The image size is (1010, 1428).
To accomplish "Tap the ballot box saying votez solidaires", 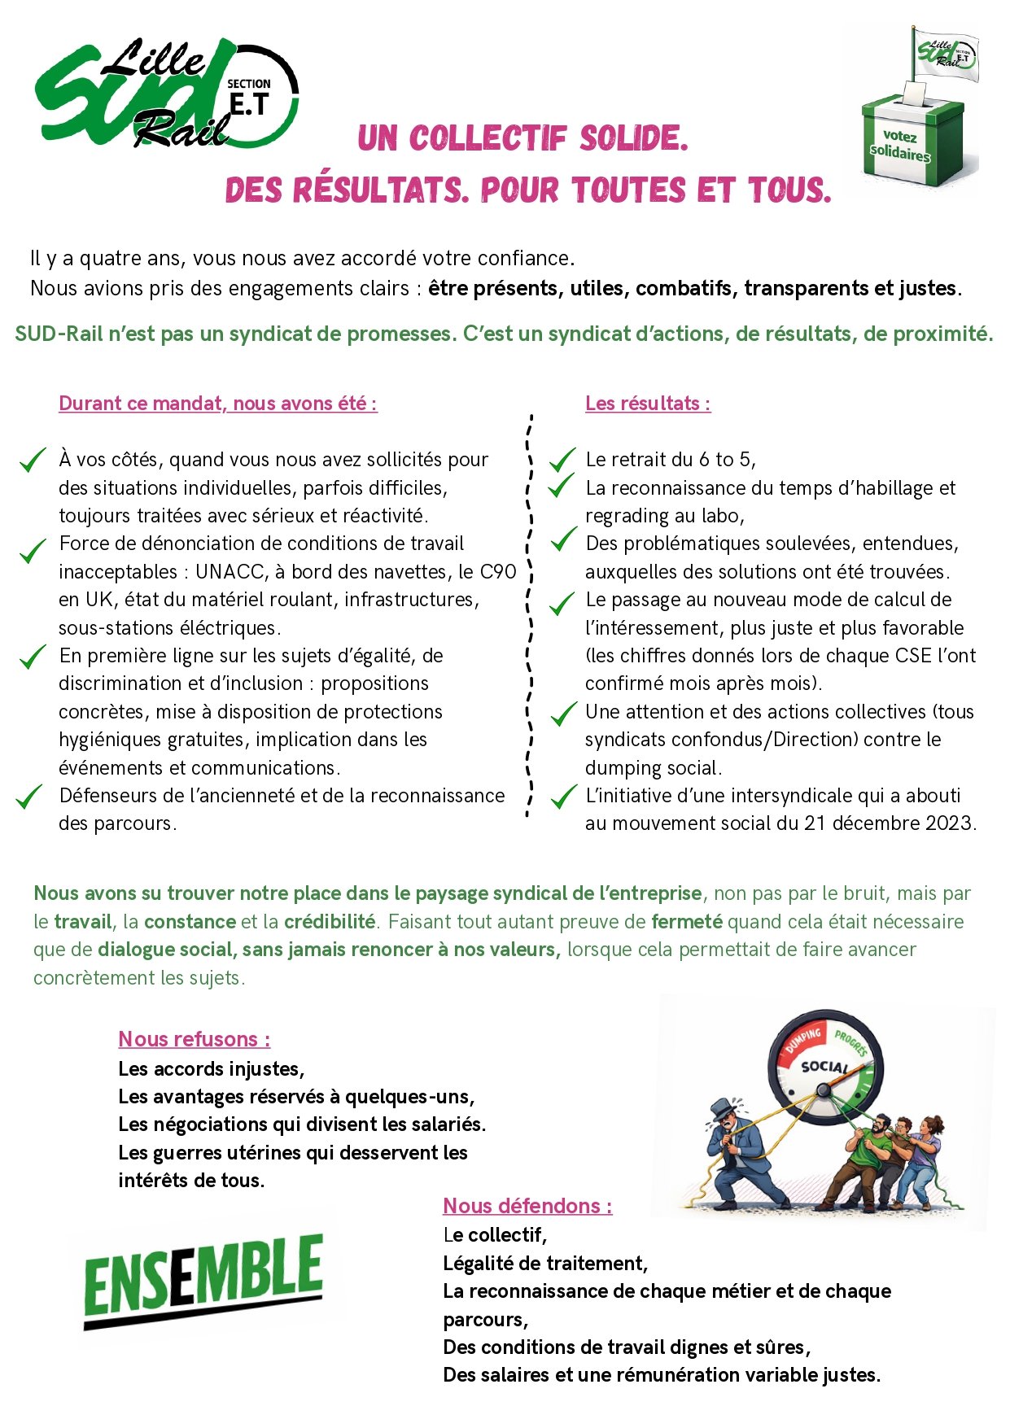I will (912, 142).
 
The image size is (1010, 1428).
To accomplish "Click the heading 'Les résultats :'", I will (648, 404).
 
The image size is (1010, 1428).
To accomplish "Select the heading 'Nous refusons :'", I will (195, 1039).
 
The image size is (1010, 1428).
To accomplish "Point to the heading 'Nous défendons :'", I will (527, 1206).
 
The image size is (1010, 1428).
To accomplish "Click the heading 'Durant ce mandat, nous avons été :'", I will (218, 404).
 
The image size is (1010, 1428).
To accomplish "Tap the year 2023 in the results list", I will (949, 823).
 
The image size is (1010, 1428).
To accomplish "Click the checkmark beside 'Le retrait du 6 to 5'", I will (562, 461).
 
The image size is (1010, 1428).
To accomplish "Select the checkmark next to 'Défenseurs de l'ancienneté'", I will (29, 797).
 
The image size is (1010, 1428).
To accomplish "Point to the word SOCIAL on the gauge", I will (824, 1066).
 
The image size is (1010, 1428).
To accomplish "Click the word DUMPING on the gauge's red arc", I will (802, 1041).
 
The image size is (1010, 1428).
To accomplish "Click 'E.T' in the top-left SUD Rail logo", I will (249, 104).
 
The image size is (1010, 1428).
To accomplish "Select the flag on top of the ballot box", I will (946, 53).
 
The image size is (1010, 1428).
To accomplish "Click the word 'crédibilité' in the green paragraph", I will (330, 922).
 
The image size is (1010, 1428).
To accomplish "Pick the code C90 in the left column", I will (498, 572).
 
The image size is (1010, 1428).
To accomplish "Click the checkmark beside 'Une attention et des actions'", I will (563, 714).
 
